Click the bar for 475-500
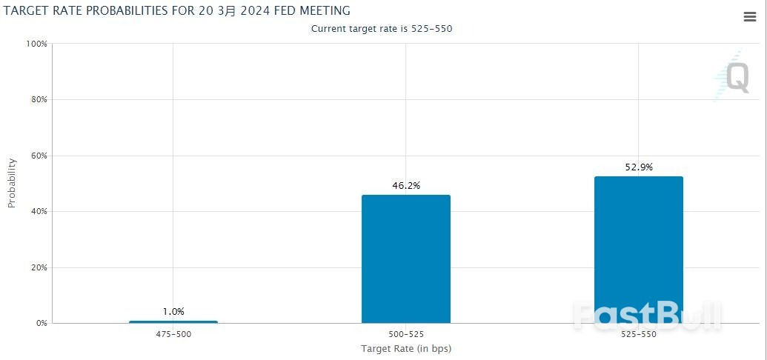tap(173, 321)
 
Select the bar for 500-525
tap(406, 259)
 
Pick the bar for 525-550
tap(638, 250)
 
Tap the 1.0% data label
tap(173, 312)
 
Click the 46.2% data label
tap(406, 186)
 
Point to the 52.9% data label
tap(639, 167)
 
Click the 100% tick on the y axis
tap(37, 44)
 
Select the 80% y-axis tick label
tap(39, 100)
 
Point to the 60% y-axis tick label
tap(39, 156)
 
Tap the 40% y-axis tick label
tap(39, 211)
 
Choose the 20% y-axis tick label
tap(39, 267)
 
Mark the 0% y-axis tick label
tap(41, 323)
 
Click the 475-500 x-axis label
tap(173, 335)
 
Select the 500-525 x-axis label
tap(406, 335)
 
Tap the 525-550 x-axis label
tap(638, 335)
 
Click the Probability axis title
tap(12, 184)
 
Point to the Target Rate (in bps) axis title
tap(406, 349)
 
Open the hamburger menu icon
tap(750, 17)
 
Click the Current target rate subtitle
tap(382, 29)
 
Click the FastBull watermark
tap(648, 316)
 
